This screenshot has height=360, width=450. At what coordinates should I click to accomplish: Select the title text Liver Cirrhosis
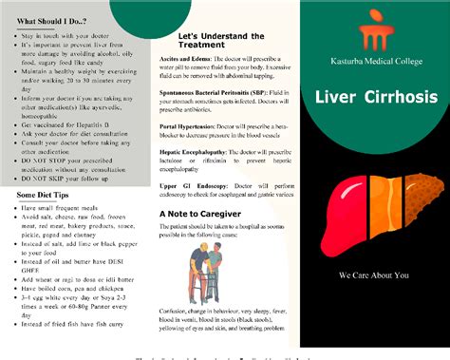(x=374, y=99)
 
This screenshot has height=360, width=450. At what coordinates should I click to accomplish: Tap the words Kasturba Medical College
(x=374, y=61)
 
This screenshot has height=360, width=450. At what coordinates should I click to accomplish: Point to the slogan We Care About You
(x=374, y=275)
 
